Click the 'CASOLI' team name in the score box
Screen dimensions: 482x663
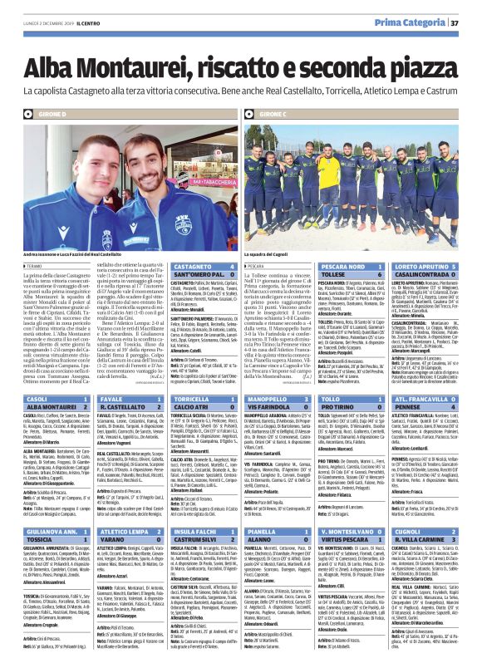point(38,400)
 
